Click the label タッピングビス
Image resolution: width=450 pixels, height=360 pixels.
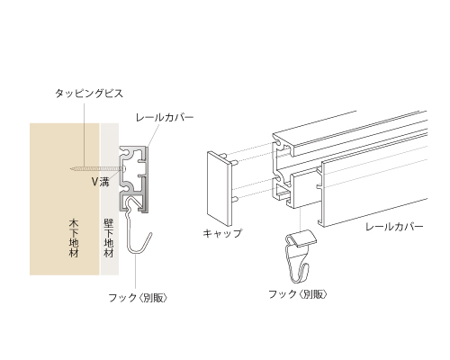coord(89,94)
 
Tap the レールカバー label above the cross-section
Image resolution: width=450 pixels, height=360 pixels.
coord(165,117)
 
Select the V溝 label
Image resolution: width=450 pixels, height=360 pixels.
coord(101,182)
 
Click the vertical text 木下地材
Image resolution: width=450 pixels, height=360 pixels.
coord(74,238)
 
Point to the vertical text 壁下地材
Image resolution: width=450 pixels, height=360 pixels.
coord(109,238)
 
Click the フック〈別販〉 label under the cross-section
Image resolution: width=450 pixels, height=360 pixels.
coord(138,298)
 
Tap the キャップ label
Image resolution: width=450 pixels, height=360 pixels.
coord(222,233)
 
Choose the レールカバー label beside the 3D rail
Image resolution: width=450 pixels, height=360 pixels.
coord(394,227)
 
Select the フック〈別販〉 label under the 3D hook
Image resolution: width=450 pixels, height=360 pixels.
coord(298,294)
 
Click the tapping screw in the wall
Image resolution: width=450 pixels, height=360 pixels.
coord(97,169)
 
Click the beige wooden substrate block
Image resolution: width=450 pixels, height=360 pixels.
coord(65,199)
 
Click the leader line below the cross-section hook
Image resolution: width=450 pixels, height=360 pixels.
coord(136,272)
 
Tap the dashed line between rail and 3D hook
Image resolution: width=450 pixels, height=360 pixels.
coord(301,219)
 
